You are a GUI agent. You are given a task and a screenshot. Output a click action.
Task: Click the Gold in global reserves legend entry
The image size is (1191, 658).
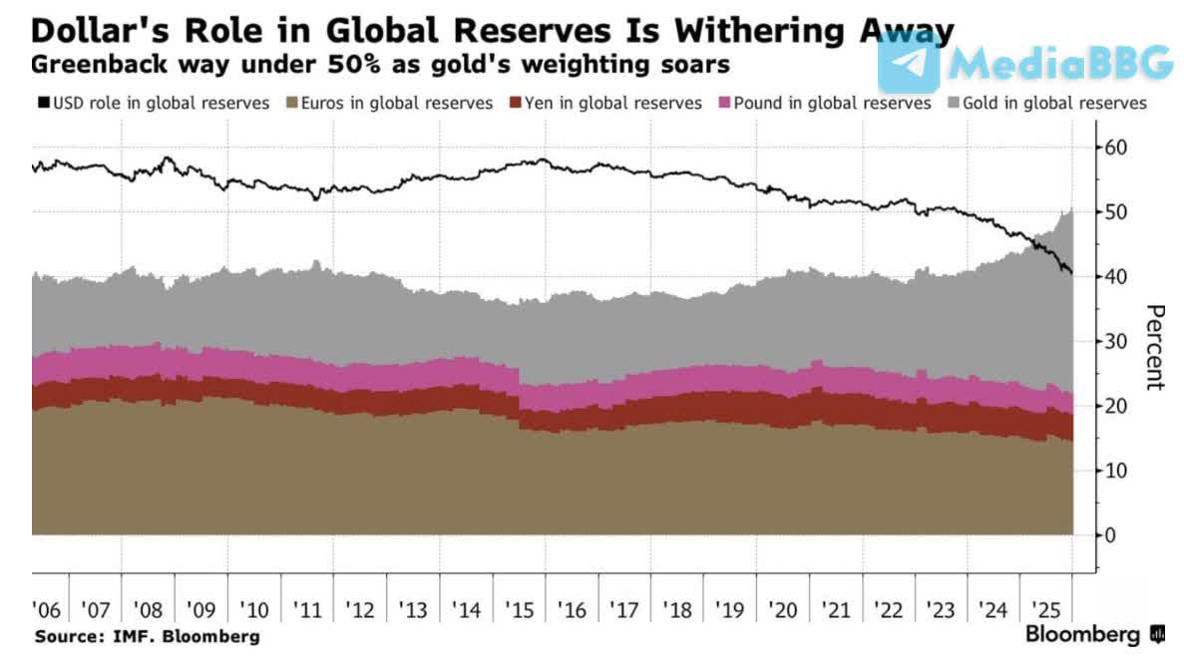click(x=1056, y=103)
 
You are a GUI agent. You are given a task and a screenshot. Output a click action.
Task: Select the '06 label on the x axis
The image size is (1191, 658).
click(x=46, y=609)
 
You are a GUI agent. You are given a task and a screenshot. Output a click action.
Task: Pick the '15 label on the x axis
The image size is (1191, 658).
click(x=520, y=609)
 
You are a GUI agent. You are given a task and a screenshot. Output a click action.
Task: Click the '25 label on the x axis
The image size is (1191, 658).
click(x=1046, y=609)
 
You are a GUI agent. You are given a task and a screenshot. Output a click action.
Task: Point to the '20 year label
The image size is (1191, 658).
click(x=783, y=609)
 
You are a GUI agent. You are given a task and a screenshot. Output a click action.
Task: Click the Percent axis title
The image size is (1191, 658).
click(x=1154, y=347)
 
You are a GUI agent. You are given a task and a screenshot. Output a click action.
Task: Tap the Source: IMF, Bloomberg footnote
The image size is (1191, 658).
click(x=147, y=636)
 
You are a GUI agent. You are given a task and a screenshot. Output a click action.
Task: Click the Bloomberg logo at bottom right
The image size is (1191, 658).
click(x=1094, y=635)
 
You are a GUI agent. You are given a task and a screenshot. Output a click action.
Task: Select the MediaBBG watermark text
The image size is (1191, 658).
click(x=1060, y=63)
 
